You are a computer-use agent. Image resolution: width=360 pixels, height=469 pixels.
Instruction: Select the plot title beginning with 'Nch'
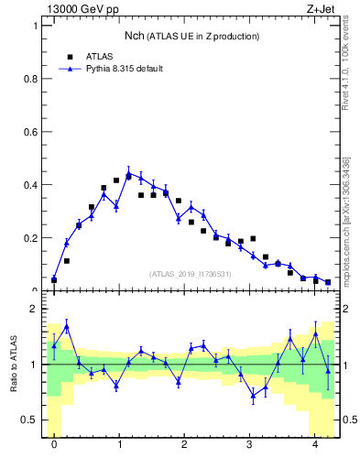192,36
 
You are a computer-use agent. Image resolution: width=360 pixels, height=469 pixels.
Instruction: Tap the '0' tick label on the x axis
54,446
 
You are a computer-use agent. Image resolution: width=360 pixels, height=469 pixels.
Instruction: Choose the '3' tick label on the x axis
249,446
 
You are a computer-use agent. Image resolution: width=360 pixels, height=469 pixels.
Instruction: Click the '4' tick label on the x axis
315,446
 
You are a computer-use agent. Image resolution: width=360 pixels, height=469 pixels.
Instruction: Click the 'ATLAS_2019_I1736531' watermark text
191,274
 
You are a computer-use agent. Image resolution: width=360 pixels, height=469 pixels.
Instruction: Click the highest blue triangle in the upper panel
129,173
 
